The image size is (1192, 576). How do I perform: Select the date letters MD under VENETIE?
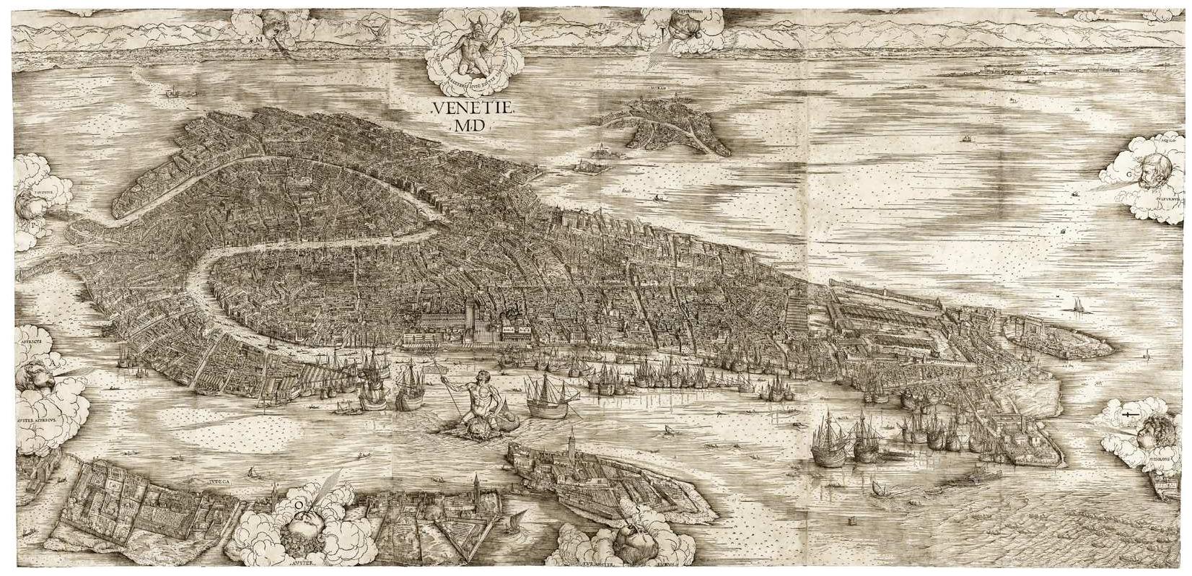click(x=470, y=127)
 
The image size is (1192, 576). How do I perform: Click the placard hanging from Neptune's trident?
click(x=436, y=369)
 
